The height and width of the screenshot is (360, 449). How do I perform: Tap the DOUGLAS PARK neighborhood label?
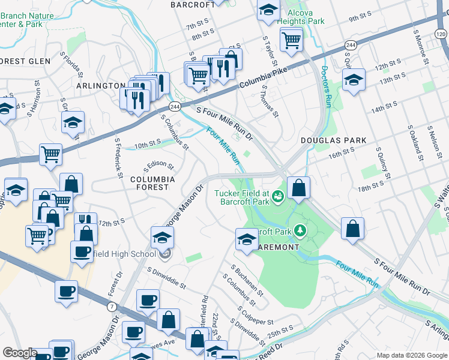[333, 140]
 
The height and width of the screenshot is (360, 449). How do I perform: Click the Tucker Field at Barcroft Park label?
[242, 197]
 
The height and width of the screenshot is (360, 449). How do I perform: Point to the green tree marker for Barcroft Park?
[298, 231]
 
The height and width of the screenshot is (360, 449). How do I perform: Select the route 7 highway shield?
[112, 307]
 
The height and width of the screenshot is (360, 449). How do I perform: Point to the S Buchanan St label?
[247, 280]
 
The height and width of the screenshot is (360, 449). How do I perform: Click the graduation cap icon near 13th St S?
[354, 80]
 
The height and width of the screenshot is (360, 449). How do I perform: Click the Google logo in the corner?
[20, 353]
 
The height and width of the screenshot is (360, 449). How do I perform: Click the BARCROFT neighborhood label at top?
[193, 5]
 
